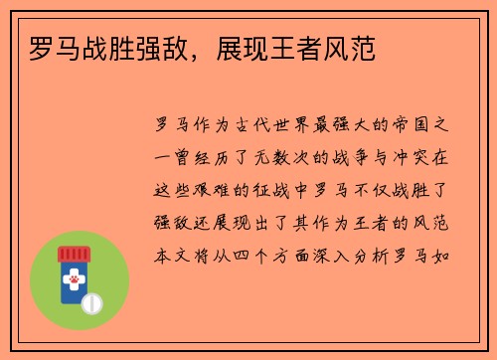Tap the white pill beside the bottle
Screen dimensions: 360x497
coord(93,301)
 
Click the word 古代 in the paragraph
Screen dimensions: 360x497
coord(254,126)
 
